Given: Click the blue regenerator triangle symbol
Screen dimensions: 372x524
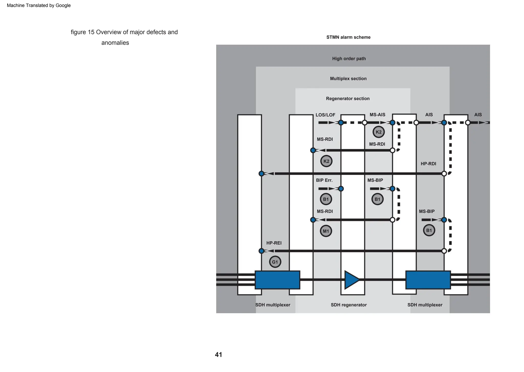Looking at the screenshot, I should [351, 280].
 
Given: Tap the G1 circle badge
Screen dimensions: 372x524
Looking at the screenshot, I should [275, 262].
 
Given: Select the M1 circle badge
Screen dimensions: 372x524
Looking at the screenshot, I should [326, 231].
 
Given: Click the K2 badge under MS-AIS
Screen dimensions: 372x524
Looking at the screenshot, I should [378, 132].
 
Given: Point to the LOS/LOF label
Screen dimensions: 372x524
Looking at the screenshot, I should [325, 115].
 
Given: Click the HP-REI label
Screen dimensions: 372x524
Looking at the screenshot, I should [274, 243].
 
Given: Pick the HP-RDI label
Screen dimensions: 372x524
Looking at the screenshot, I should [428, 164].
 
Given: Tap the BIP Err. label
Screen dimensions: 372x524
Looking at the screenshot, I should [324, 180].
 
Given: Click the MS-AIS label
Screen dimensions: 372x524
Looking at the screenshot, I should [377, 115].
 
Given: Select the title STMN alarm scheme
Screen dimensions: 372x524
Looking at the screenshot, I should [348, 37].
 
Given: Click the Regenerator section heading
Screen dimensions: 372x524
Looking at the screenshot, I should [347, 99].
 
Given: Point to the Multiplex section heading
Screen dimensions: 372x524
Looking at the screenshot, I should [348, 79].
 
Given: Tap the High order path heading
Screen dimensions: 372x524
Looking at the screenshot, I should [349, 59].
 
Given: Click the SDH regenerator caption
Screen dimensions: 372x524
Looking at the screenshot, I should [348, 305].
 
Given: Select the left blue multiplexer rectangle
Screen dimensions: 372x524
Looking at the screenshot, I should [277, 280].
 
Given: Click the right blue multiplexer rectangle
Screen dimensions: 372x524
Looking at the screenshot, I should [428, 280].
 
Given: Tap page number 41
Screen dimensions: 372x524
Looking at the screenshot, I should [218, 355].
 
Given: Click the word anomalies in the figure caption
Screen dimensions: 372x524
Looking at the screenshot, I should [115, 43].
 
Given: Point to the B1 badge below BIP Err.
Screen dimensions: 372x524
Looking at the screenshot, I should [326, 199].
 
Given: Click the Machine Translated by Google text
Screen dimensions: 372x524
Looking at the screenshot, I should [39, 5].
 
